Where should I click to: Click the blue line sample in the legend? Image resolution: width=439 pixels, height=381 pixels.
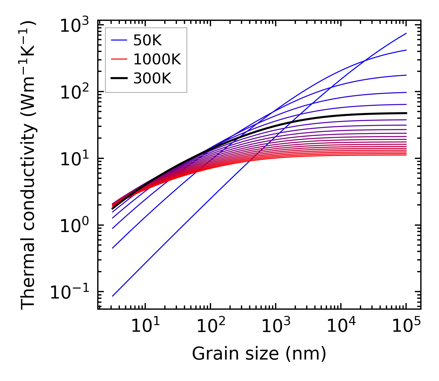119,40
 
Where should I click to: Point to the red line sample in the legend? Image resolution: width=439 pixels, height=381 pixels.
119,60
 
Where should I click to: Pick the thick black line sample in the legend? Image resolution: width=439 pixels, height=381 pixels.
119,79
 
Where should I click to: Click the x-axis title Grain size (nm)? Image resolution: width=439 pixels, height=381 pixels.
259,353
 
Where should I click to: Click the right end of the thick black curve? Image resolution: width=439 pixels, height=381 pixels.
406,113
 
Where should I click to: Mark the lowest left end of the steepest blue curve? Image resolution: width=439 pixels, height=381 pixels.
113,296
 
